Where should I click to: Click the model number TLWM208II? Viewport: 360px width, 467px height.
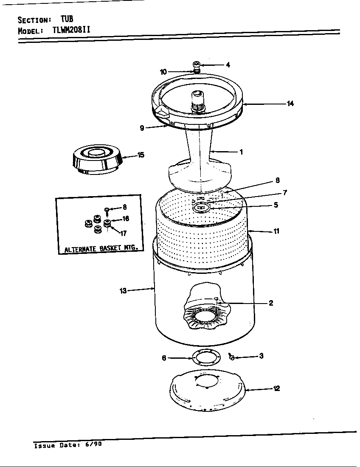tap(71, 30)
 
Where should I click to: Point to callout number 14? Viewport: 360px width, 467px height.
tap(290, 103)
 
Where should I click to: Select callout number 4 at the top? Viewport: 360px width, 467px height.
tap(228, 65)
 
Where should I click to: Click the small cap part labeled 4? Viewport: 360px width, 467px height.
tap(197, 65)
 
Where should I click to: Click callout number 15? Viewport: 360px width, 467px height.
tap(141, 155)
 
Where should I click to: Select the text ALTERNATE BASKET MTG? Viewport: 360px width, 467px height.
tap(101, 249)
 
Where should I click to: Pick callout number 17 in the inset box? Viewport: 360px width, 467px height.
tap(124, 233)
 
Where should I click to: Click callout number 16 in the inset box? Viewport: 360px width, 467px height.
tap(126, 219)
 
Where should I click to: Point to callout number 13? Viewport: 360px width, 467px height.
tap(123, 290)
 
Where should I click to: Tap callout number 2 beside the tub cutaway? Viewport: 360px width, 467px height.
tap(270, 303)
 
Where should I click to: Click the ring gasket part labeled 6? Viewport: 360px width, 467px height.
tap(206, 358)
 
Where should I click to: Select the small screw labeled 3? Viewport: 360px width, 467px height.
tap(232, 357)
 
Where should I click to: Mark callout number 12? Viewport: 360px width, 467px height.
tap(276, 388)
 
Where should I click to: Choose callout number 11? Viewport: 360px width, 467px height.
tap(276, 231)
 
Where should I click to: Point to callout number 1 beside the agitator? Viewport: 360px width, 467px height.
tap(241, 152)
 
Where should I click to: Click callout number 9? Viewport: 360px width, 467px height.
tap(142, 127)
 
